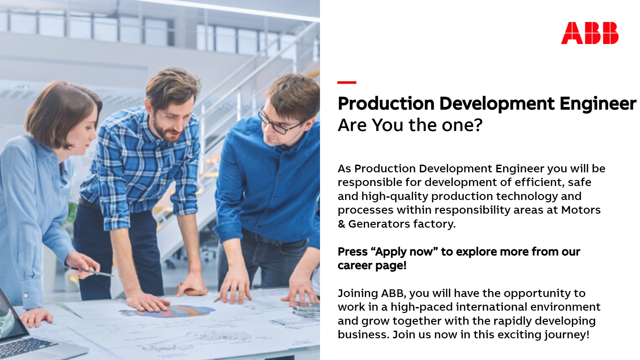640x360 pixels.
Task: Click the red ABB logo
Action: tap(590, 33)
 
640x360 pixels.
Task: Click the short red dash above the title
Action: tap(347, 82)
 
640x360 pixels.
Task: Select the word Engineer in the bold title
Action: tap(598, 104)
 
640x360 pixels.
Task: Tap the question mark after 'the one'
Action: tap(478, 125)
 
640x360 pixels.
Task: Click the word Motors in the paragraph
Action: tap(581, 210)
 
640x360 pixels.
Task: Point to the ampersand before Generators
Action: tap(341, 224)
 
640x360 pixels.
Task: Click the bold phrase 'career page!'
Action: tap(372, 266)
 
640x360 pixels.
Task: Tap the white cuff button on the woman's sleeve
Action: tap(26, 295)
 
